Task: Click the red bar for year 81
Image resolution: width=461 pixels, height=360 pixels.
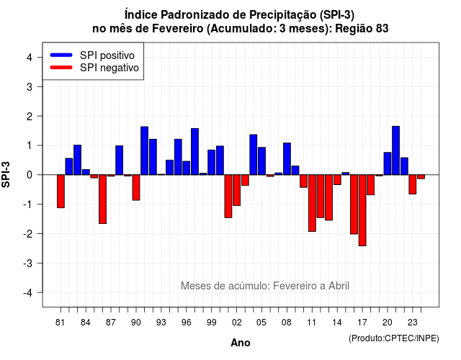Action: [61, 192]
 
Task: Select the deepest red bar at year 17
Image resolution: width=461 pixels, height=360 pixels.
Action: [362, 210]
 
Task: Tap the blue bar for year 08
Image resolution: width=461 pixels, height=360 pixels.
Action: [287, 158]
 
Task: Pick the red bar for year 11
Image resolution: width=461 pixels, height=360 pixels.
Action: [312, 203]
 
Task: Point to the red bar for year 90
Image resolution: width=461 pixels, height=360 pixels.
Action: [136, 187]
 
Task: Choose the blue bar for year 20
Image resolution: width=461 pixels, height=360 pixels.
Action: [388, 163]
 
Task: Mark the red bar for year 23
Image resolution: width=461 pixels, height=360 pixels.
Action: [413, 184]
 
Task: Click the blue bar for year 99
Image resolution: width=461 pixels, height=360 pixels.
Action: [211, 162]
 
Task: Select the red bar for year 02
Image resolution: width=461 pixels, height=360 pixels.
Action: [237, 190]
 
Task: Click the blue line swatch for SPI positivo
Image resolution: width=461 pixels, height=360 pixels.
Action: [61, 55]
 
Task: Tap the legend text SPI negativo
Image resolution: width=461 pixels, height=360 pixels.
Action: [109, 68]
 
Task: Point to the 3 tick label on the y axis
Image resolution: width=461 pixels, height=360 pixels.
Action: [30, 86]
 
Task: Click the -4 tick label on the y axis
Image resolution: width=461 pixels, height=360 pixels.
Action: [28, 293]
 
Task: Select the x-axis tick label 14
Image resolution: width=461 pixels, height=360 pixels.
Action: [337, 323]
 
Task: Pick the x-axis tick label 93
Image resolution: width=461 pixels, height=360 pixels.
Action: [161, 323]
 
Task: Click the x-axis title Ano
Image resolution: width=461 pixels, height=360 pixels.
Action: [241, 343]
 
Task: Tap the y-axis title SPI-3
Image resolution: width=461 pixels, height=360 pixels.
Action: [6, 174]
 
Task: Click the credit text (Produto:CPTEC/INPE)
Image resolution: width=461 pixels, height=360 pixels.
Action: [394, 338]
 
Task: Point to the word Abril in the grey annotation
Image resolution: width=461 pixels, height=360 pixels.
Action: [339, 286]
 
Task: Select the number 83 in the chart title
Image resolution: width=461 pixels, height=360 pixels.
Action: [382, 29]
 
